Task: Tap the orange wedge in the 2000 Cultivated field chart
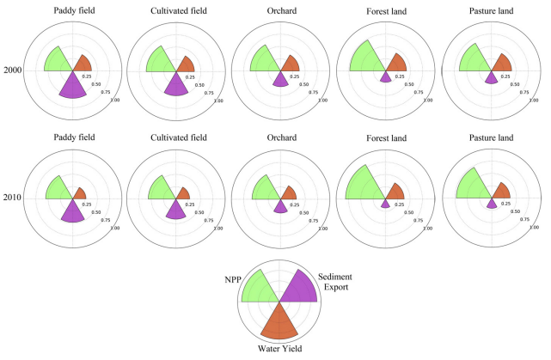[185, 64]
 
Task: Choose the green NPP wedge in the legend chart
[259, 289]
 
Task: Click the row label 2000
[12, 70]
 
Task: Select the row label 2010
[12, 198]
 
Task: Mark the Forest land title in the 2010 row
[383, 138]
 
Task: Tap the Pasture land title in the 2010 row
[489, 138]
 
